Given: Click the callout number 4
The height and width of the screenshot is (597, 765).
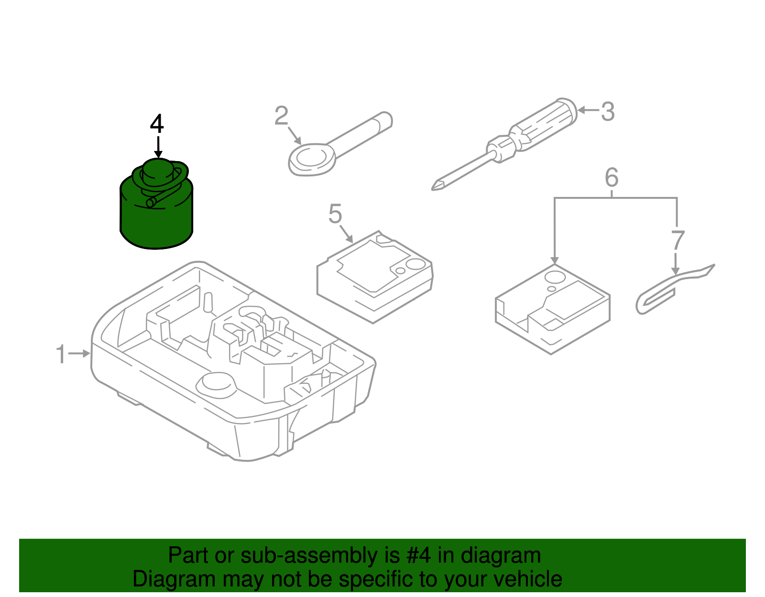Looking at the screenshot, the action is pos(157,123).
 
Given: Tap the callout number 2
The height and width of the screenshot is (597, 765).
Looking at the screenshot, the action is pos(281,115).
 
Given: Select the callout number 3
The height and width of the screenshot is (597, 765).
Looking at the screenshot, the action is pos(608,111).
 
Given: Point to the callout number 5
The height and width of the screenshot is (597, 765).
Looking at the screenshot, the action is pos(335,213).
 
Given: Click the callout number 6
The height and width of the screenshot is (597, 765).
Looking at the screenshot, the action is pos(612,177).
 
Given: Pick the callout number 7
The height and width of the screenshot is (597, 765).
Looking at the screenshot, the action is pos(678,240).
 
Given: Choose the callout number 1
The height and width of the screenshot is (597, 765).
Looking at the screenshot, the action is pos(61,354).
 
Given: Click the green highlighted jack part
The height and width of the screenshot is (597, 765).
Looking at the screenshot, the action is pos(156,204).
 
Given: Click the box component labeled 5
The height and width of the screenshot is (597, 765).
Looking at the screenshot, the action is pos(375,276).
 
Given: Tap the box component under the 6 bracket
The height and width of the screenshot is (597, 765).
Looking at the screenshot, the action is pos(553,308).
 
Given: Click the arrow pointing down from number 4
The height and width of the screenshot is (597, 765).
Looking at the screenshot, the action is pos(158,147).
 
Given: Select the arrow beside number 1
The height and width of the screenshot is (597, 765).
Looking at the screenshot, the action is pos(79,353).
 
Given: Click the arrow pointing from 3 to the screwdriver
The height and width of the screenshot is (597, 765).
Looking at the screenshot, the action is pos(588,110).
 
